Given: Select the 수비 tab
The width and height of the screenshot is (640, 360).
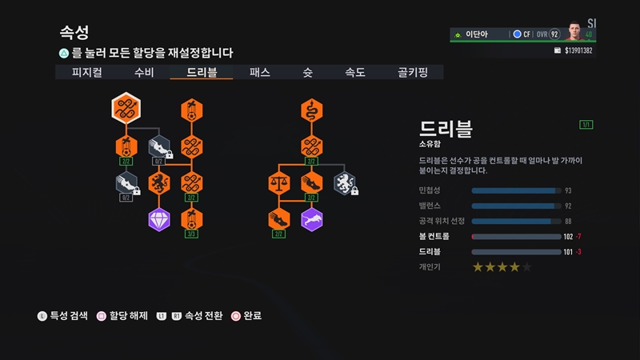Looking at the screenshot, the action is point(145,72).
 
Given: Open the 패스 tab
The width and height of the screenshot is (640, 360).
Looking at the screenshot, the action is point(260,72).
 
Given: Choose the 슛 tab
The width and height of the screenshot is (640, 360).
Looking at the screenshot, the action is point(307,72).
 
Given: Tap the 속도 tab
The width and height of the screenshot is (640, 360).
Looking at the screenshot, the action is point(354,72).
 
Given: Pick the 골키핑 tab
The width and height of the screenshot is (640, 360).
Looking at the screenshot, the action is point(413,72).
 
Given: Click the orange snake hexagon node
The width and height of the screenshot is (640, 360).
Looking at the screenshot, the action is point(312,111).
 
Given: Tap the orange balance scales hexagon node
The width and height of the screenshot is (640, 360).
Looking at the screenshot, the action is point(278,182).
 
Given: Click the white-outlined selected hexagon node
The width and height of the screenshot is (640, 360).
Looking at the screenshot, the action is point(126,110).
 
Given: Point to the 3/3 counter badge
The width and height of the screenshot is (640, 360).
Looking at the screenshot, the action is point(190,234).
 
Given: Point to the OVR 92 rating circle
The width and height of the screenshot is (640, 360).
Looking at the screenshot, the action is point(552,34).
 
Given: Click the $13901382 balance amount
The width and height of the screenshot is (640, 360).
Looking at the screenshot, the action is point(578,50).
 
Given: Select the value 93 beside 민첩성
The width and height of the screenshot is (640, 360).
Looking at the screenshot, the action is point(568,191).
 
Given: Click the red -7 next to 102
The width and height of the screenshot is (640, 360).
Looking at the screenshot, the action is point(578,237).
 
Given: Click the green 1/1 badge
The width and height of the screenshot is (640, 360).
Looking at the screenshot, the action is point(586,125).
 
